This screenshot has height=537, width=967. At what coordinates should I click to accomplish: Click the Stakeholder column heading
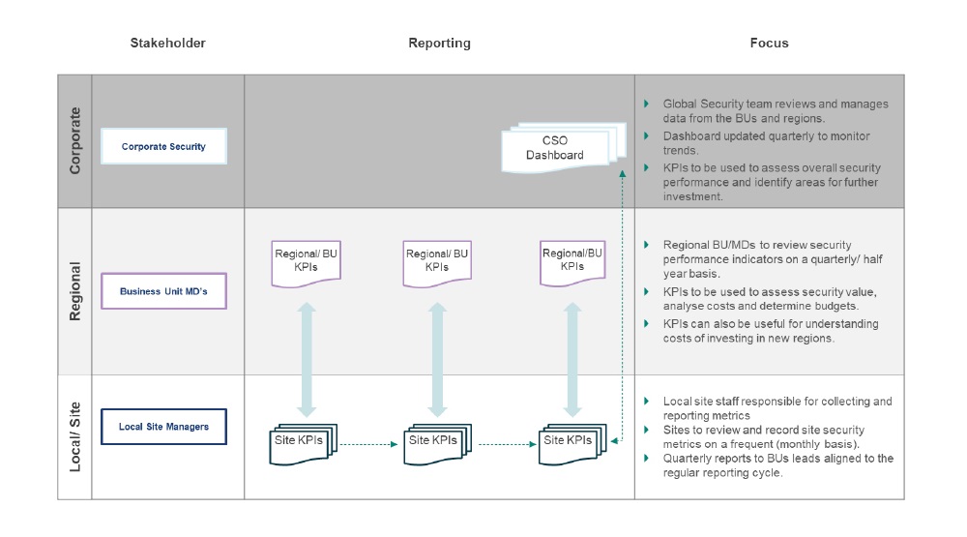click(167, 44)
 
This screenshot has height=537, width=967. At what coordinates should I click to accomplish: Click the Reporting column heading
click(439, 44)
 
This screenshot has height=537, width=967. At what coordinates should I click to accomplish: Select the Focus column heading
click(769, 44)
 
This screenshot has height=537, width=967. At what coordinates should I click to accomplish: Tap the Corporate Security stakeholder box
click(163, 147)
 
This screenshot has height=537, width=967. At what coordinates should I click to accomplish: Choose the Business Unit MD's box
click(163, 290)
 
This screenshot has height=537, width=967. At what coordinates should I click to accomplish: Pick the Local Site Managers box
click(163, 426)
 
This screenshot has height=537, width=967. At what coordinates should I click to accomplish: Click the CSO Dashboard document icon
click(559, 147)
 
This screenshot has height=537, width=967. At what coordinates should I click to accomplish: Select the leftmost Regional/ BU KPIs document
click(307, 261)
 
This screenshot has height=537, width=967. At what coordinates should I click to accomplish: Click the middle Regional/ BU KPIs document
click(436, 261)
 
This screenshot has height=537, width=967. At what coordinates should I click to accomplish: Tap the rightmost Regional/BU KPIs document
click(572, 261)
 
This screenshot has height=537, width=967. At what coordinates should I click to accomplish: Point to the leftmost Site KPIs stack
click(302, 441)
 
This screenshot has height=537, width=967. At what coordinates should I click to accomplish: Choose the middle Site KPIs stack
click(435, 441)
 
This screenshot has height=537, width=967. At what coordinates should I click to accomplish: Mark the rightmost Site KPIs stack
click(571, 441)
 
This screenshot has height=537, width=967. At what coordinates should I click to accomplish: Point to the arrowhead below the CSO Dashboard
click(622, 168)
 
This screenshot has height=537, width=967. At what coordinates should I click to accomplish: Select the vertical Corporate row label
click(74, 141)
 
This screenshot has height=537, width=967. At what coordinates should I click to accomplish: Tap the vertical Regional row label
click(74, 291)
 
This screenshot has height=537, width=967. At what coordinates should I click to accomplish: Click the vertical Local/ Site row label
click(74, 436)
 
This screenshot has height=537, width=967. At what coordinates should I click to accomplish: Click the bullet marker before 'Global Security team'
click(647, 104)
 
